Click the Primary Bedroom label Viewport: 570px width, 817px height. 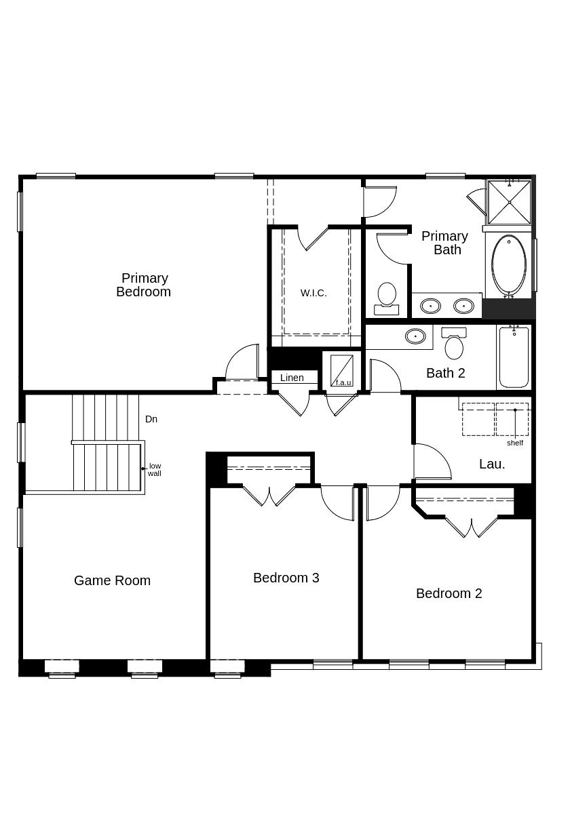(144, 285)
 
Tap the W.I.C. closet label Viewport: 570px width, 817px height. (313, 293)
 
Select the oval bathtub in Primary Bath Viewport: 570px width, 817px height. (509, 265)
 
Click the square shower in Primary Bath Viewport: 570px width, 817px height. (509, 202)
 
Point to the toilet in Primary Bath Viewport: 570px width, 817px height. (387, 297)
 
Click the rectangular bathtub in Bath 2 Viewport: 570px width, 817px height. (514, 357)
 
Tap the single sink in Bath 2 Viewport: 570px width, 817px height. (415, 336)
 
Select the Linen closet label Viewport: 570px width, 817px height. (292, 378)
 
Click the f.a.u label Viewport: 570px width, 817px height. (343, 382)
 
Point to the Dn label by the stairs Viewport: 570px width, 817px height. (151, 419)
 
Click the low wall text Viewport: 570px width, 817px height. (155, 469)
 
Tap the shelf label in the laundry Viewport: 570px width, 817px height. (515, 443)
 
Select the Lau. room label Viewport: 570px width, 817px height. (492, 464)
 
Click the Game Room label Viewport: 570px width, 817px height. (112, 580)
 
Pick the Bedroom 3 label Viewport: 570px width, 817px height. (286, 578)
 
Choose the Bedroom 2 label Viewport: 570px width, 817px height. (449, 593)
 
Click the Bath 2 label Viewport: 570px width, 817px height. (445, 373)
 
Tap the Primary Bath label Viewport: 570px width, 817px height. (445, 243)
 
